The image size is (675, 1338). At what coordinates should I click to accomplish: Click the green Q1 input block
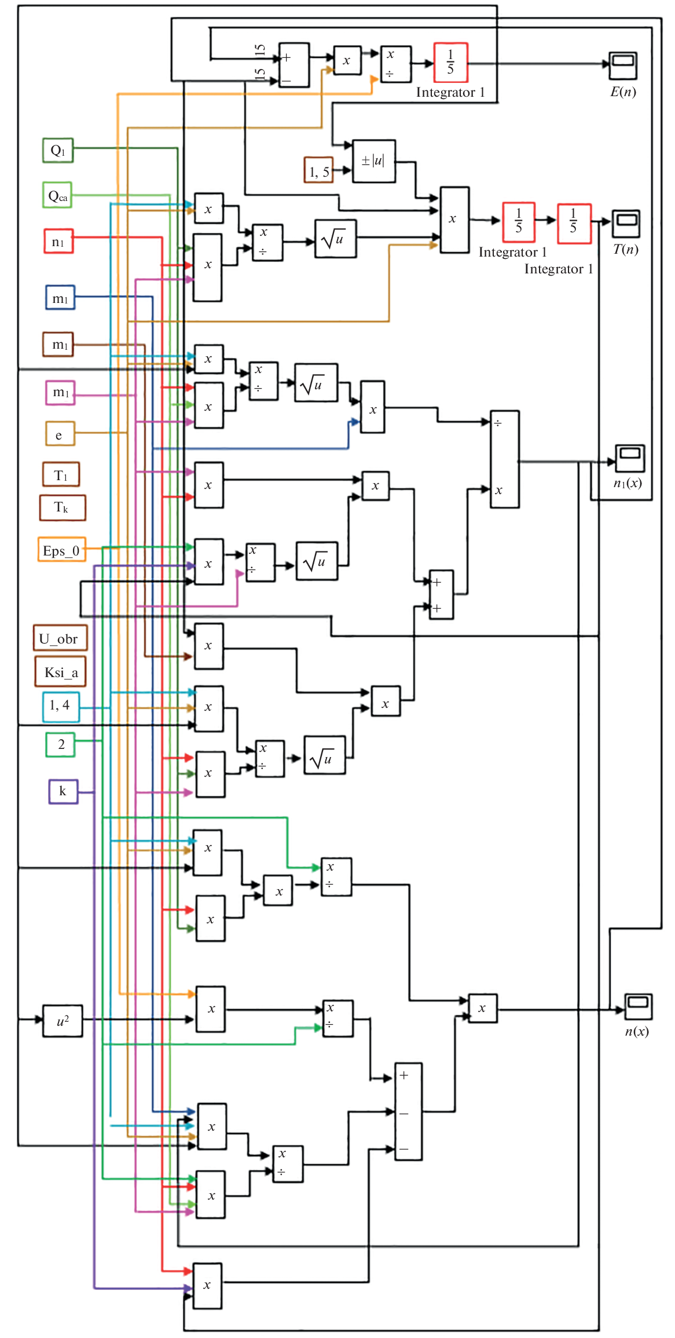tap(58, 150)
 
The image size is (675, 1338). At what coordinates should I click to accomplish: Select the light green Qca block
tap(57, 195)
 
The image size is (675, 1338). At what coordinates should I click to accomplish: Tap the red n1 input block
tap(58, 241)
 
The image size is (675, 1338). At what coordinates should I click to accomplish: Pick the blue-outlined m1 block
tap(60, 298)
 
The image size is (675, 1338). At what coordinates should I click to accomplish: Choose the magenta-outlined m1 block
tap(60, 392)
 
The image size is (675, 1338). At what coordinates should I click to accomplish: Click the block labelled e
tap(60, 434)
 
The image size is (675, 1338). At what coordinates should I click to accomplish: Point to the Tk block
tap(63, 507)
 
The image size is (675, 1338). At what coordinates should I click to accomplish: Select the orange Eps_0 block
tap(62, 550)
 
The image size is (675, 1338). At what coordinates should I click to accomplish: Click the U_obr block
tap(60, 638)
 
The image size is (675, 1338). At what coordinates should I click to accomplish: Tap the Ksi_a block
tap(61, 671)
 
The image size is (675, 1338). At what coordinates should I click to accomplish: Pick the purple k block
tap(63, 791)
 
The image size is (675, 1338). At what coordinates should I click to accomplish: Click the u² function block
tap(63, 1021)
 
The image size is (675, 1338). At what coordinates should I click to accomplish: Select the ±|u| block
tap(374, 161)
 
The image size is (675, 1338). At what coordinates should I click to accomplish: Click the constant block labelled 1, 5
tap(319, 170)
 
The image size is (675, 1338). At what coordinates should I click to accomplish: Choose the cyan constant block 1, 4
tap(61, 706)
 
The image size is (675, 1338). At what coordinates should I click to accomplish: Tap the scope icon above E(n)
tap(623, 65)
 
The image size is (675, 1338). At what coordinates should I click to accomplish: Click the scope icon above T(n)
tap(626, 223)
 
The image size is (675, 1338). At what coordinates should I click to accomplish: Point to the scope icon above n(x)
tap(638, 1007)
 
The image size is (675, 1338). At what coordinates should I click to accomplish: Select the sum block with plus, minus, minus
tap(408, 1111)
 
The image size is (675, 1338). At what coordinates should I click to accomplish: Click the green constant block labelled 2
tap(61, 744)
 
